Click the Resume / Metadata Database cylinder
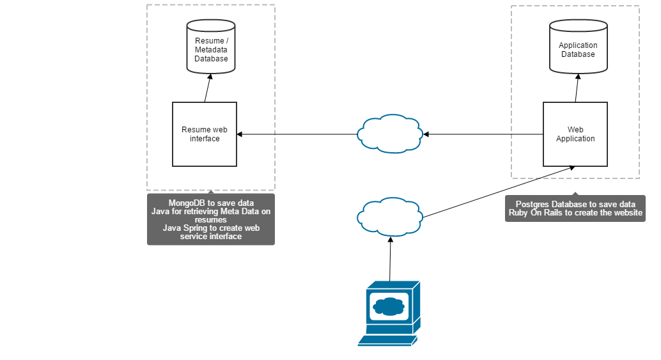(211, 48)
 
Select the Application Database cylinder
(578, 49)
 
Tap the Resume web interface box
(205, 134)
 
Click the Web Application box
(575, 134)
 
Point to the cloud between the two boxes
(389, 134)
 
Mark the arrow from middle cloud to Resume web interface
(297, 134)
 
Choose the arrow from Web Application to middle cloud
(483, 134)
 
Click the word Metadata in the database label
(212, 50)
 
